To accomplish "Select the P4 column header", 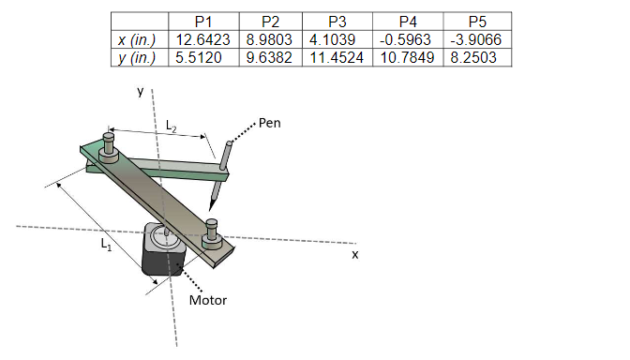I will pyautogui.click(x=408, y=22).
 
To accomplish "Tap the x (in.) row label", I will pyautogui.click(x=139, y=39).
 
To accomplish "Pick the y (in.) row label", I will pyautogui.click(x=139, y=57).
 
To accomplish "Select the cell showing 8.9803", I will pyautogui.click(x=270, y=39).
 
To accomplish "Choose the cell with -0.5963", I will pyautogui.click(x=408, y=39).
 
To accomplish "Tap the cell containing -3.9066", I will pyautogui.click(x=477, y=39).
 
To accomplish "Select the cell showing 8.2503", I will pyautogui.click(x=477, y=57).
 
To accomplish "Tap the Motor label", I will pyautogui.click(x=208, y=301).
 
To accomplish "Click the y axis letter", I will pyautogui.click(x=140, y=92).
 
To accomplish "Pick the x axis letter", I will pyautogui.click(x=355, y=253).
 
